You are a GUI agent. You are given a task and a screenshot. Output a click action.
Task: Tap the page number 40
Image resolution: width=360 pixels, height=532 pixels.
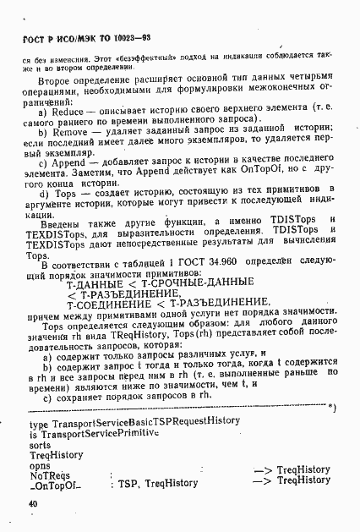click(32, 502)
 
